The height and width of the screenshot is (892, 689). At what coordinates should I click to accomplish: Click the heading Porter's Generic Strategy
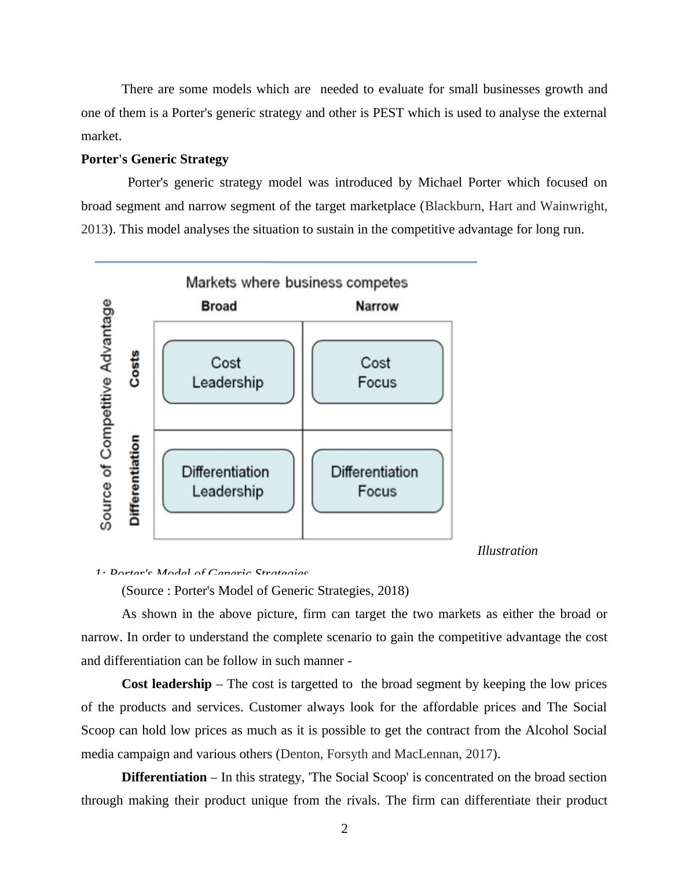[155, 159]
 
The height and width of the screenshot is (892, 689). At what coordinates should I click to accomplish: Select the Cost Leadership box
[228, 372]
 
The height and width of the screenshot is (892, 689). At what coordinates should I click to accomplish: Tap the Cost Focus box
[377, 372]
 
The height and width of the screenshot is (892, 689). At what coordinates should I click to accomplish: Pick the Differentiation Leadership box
[228, 481]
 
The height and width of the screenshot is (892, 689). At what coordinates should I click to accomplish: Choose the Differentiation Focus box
[377, 481]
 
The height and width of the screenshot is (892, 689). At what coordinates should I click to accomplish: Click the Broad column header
[219, 306]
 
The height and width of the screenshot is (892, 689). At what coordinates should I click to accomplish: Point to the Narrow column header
[377, 306]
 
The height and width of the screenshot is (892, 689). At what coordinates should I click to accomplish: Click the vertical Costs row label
[134, 368]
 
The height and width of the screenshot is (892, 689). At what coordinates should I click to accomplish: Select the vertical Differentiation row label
[134, 480]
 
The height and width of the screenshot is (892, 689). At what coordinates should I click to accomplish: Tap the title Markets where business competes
[296, 283]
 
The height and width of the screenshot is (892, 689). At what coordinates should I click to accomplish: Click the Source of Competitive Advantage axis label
[106, 414]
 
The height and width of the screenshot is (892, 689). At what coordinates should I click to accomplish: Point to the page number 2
[345, 829]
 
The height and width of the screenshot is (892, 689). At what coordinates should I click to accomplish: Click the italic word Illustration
[507, 551]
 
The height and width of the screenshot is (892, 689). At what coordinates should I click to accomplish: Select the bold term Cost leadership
[167, 684]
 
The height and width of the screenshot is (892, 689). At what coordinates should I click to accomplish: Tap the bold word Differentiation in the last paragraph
[164, 777]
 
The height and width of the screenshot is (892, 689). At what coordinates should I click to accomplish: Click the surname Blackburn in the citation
[453, 206]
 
